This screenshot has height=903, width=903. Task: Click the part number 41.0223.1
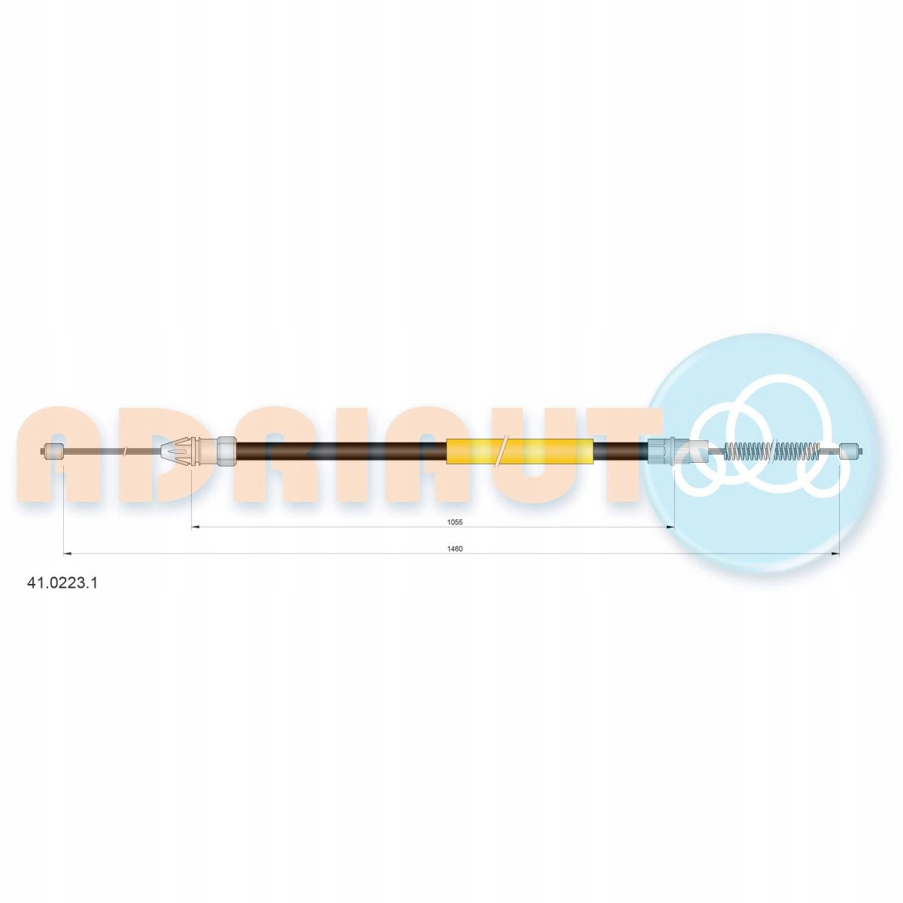pos(62,582)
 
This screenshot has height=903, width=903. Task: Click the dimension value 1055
pos(455,522)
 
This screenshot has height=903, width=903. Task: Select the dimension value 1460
pos(455,549)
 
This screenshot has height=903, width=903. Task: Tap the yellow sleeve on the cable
pos(520,451)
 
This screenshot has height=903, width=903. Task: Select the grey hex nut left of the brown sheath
pos(227,451)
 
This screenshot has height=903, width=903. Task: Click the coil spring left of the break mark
pos(747,451)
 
